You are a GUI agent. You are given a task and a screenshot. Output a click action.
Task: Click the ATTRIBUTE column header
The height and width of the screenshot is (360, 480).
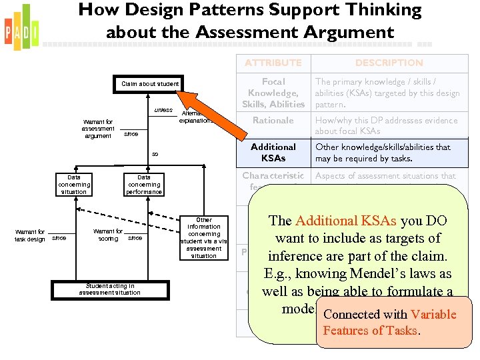tap(273, 63)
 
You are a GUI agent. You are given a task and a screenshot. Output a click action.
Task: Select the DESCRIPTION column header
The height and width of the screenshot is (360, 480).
tap(389, 63)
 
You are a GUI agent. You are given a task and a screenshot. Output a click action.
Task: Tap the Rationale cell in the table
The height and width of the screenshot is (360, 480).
tap(273, 121)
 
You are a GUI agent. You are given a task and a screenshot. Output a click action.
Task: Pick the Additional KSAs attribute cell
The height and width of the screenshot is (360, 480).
tap(273, 153)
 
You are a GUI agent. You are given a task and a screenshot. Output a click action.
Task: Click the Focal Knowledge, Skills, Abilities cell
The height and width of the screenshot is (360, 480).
tap(273, 93)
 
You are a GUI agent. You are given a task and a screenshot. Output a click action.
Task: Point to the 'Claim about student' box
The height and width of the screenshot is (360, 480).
tap(150, 84)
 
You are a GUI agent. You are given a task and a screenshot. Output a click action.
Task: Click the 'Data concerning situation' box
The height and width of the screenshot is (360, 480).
tap(73, 184)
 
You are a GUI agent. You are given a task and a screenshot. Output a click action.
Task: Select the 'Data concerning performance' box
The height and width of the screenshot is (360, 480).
tap(144, 184)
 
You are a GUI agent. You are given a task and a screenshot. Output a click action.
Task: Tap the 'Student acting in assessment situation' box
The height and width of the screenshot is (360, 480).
tap(109, 289)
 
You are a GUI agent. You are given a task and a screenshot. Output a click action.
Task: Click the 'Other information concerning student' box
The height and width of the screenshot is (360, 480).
tap(204, 237)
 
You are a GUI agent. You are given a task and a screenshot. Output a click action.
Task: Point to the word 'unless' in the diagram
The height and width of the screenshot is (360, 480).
tap(163, 110)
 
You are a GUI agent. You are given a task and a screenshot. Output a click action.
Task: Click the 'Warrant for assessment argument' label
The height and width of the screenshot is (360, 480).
tap(98, 129)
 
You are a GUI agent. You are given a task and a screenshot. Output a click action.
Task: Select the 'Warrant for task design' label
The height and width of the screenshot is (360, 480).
tap(31, 235)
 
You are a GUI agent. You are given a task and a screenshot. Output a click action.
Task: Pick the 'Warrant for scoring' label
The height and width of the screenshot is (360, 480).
tap(108, 235)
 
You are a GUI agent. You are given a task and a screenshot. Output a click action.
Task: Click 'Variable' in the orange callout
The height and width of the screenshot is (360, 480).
tap(433, 315)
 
